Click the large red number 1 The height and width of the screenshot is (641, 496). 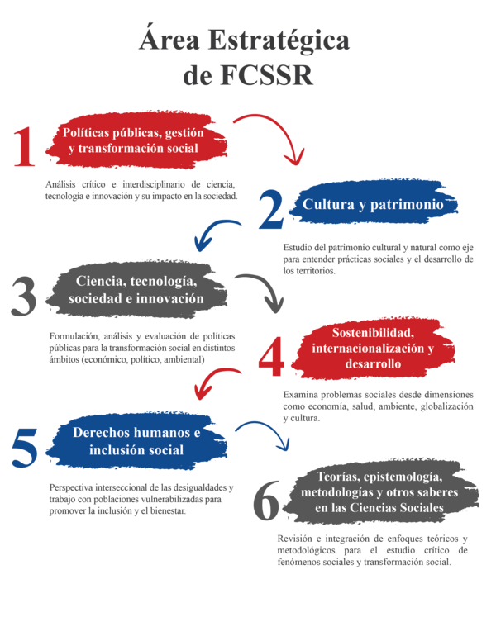tap(26, 148)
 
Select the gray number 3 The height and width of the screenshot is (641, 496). tap(25, 295)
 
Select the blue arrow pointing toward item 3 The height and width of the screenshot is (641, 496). tap(217, 233)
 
